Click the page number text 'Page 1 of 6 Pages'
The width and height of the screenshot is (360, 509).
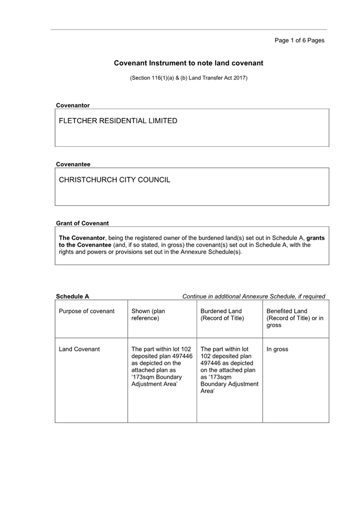point(299,40)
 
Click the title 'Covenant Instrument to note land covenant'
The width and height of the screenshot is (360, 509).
point(188,63)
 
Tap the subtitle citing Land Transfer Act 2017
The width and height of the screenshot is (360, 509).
point(189,78)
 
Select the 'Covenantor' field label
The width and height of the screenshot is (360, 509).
point(73,105)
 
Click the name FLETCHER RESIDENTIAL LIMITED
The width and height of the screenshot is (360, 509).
point(118,121)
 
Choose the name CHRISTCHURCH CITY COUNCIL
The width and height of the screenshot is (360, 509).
point(115,180)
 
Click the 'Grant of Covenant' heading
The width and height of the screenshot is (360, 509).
point(82,223)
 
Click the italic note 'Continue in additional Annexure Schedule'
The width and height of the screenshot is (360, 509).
point(253,297)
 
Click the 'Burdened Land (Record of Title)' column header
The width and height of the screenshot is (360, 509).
point(221,315)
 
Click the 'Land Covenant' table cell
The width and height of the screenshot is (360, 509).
point(79,349)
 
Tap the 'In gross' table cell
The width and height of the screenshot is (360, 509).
point(277,349)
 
